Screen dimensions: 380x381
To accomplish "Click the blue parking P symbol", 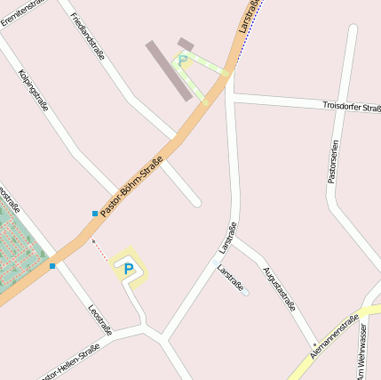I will pos(129,268).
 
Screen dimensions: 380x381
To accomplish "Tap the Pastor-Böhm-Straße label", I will pos(131,185).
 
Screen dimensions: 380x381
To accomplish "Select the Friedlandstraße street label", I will pos(86,36).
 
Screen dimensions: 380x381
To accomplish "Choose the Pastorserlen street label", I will pos(333,161).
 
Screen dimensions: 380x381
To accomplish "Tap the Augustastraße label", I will pos(279,287).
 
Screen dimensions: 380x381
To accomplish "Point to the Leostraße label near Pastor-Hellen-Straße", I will pos(100,319).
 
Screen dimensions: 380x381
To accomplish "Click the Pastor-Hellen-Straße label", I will pos(69,362).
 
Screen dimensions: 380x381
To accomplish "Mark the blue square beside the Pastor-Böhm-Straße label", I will pos(94,214).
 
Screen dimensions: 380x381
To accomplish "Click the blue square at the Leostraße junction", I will pos(52,265).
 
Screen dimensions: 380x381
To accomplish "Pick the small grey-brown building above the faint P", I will pos(186,44).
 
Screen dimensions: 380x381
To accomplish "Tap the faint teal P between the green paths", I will pos(183,61).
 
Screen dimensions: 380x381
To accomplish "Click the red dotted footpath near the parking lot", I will pos(100,250).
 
